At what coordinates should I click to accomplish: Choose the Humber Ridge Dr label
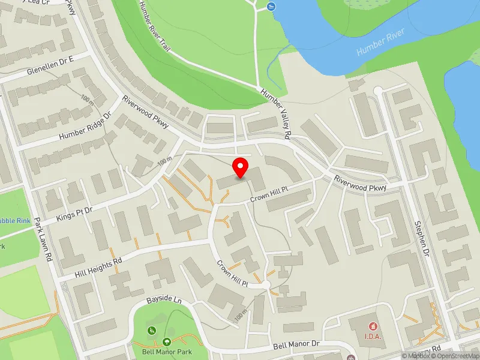tap(85, 127)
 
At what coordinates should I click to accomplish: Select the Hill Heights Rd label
tap(98, 267)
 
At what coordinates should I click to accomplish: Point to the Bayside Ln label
tap(164, 298)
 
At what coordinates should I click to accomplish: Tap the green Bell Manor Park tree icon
tap(166, 342)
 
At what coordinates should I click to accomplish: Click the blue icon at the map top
tap(271, 7)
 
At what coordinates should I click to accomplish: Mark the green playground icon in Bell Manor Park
tap(152, 330)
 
